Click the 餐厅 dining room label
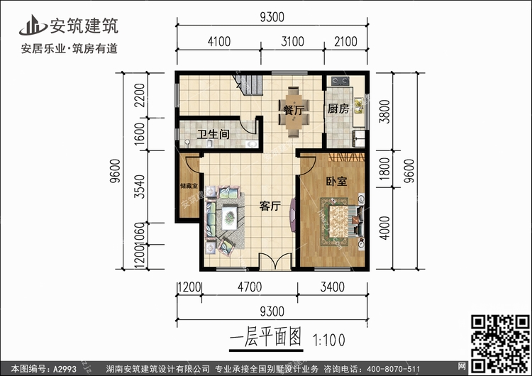pos(293,111)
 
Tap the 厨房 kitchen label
pos(338,109)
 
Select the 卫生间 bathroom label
pos(212,134)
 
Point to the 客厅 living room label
pos(270,206)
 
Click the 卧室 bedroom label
pos(336,181)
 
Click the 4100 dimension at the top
pos(218,42)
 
